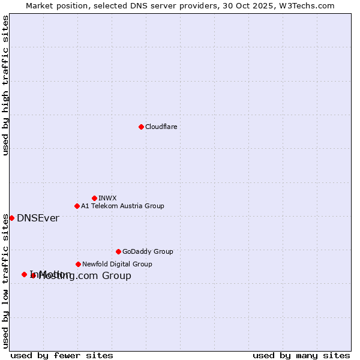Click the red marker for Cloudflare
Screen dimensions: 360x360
click(x=141, y=127)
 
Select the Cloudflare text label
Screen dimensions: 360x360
click(x=161, y=127)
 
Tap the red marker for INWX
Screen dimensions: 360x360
click(x=94, y=198)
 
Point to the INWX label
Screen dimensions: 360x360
click(x=107, y=198)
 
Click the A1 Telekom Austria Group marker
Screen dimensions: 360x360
click(x=77, y=206)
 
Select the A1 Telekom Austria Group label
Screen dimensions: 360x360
click(x=122, y=206)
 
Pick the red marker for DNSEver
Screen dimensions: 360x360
click(x=11, y=218)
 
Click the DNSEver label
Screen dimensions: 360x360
click(x=38, y=218)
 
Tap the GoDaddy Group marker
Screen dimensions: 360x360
click(x=118, y=251)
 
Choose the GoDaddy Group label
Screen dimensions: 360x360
click(x=148, y=251)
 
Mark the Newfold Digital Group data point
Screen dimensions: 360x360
click(x=78, y=264)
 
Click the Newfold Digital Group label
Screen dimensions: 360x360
click(x=117, y=264)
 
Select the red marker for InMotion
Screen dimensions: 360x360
click(x=24, y=274)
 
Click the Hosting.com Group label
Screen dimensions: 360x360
click(x=85, y=276)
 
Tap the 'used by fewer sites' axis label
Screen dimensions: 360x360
click(x=62, y=355)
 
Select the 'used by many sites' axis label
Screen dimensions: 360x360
click(x=301, y=355)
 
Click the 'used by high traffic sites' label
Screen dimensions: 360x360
click(x=5, y=85)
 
